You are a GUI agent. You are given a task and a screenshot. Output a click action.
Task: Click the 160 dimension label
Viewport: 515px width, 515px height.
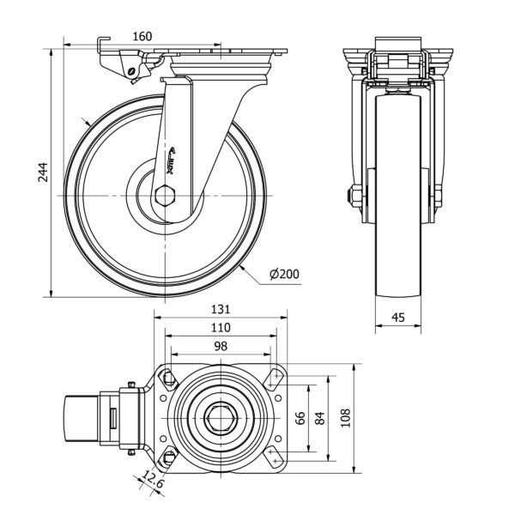142,36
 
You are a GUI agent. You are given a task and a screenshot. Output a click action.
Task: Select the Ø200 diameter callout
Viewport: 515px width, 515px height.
283,274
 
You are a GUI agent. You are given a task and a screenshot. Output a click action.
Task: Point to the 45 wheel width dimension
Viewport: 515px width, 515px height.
398,318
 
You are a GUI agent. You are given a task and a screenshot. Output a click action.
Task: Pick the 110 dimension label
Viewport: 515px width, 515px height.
221,328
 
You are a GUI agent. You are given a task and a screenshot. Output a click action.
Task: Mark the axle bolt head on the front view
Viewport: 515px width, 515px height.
352,197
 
